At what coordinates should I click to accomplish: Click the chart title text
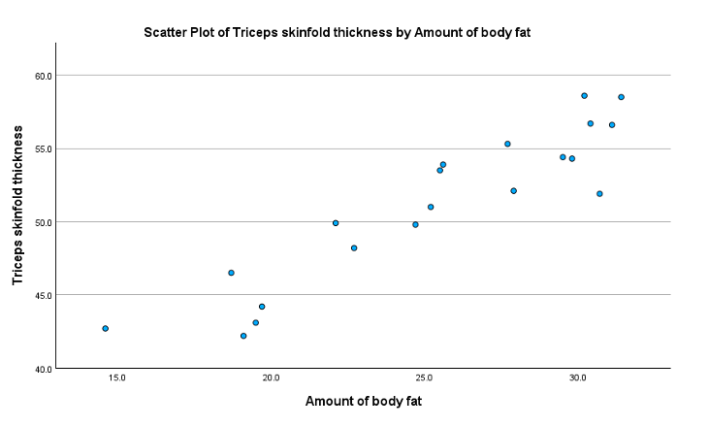[338, 32]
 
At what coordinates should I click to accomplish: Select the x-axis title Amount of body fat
[363, 401]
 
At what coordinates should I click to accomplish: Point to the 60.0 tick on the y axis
[42, 76]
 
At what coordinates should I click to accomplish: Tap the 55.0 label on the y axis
[42, 148]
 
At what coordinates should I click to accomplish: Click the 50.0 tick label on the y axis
[42, 222]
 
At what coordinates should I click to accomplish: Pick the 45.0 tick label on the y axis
[42, 295]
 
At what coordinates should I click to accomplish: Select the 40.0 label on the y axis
[42, 369]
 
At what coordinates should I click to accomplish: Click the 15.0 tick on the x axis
[117, 378]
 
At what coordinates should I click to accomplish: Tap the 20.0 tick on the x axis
[271, 378]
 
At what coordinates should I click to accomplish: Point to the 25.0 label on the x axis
[424, 378]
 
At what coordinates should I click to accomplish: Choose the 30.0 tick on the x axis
[577, 378]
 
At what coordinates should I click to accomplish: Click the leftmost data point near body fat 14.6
[106, 329]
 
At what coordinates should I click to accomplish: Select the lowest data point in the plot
[243, 336]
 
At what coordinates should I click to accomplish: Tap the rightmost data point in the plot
[622, 97]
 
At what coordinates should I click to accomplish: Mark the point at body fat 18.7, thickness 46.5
[231, 273]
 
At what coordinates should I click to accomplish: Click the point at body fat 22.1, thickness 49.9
[336, 223]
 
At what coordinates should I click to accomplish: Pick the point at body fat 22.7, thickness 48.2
[354, 248]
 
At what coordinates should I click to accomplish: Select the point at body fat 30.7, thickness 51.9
[599, 194]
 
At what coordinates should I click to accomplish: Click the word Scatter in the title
[164, 32]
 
